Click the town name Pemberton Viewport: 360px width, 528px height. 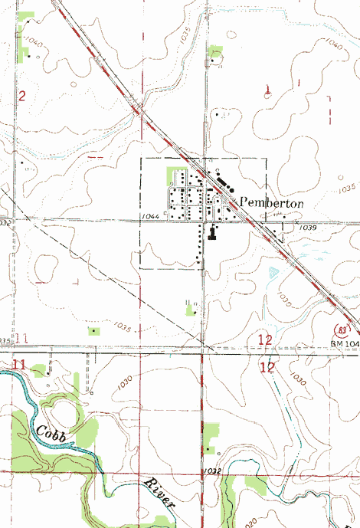(272, 202)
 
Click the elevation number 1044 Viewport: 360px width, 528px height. (150, 218)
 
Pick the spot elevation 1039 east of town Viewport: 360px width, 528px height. (308, 228)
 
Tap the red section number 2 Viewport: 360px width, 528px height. (22, 96)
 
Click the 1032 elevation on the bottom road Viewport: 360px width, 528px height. (212, 469)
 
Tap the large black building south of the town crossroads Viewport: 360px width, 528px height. (212, 233)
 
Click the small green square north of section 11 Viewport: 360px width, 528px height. (94, 330)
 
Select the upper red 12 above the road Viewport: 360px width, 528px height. (266, 339)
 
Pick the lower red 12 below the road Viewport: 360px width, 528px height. (267, 368)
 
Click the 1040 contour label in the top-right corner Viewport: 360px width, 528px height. (333, 46)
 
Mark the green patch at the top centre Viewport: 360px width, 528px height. (215, 51)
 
